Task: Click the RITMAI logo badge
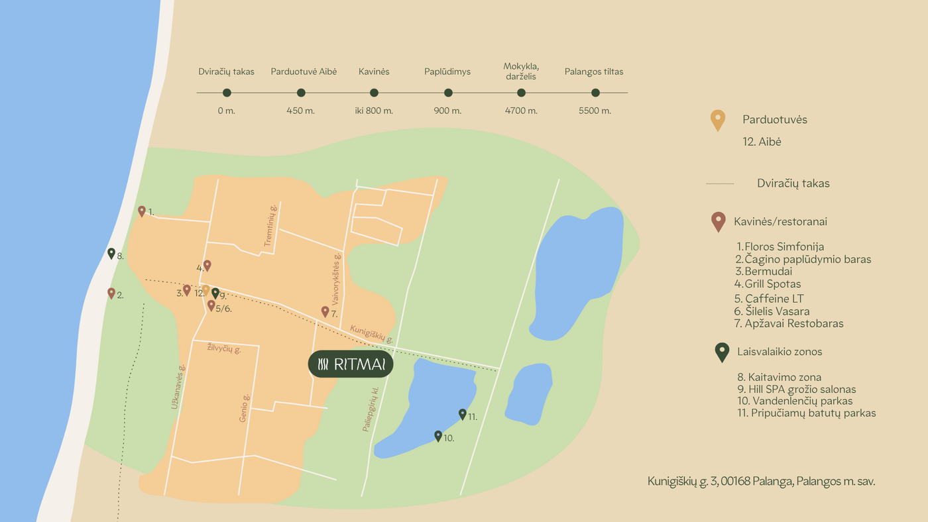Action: tap(351, 364)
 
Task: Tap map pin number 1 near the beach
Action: tap(141, 211)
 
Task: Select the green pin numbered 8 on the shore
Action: tap(111, 253)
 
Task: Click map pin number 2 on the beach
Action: tap(111, 293)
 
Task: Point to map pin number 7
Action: tap(325, 311)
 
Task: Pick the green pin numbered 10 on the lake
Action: tap(438, 436)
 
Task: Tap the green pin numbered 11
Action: tap(463, 414)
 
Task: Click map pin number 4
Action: tap(207, 265)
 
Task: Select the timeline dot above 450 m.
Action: tap(301, 93)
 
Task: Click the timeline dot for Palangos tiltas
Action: tap(595, 93)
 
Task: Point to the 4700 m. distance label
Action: tap(521, 111)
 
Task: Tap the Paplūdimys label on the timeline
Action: tap(447, 72)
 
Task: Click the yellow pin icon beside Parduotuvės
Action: tap(717, 120)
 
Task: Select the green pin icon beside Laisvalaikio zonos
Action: tap(722, 352)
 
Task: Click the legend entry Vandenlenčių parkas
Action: tap(795, 401)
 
